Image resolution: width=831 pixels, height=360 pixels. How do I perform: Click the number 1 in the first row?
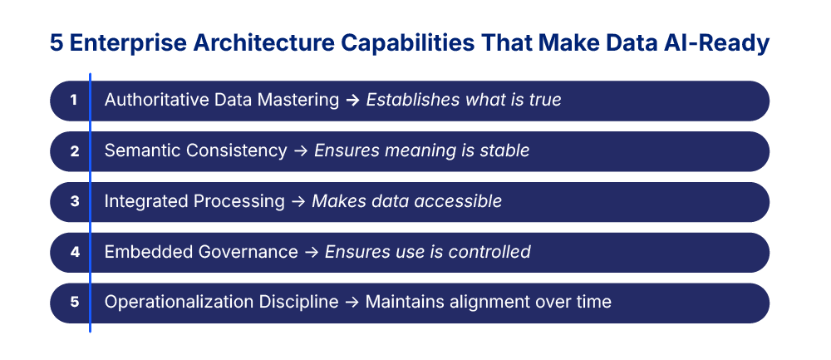coord(74,101)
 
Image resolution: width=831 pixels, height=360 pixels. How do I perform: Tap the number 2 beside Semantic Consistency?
coord(74,151)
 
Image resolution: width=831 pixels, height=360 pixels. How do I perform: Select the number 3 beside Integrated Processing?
coord(74,202)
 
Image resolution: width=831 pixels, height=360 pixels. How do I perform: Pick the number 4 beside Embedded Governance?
coord(74,252)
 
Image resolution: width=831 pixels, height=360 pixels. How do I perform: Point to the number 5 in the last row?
coord(74,303)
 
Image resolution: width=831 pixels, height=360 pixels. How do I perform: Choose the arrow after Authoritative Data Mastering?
coord(352,101)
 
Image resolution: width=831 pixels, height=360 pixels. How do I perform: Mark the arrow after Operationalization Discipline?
coord(351,303)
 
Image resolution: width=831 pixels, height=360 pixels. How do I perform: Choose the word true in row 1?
coord(545,101)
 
